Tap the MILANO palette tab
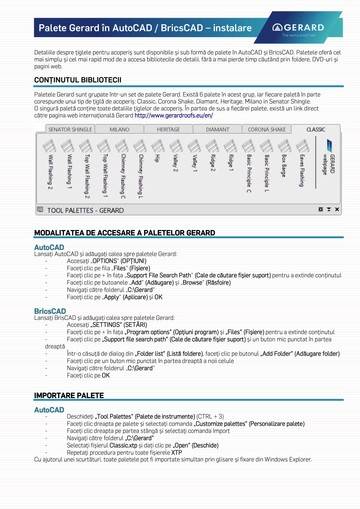(120, 129)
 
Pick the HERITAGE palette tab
(168, 129)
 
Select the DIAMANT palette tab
(217, 129)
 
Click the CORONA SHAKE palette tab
(267, 129)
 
